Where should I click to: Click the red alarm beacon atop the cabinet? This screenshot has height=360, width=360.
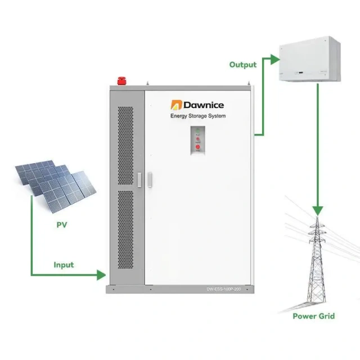(120, 80)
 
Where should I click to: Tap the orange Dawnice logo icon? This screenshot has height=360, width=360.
(175, 105)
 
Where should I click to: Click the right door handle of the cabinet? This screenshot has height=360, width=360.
(150, 178)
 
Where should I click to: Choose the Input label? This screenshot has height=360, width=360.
(64, 264)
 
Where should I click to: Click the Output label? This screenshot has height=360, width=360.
(243, 65)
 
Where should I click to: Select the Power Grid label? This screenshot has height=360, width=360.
(313, 316)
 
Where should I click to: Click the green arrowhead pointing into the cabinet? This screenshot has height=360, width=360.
(102, 275)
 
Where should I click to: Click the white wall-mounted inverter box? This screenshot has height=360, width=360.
(310, 60)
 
